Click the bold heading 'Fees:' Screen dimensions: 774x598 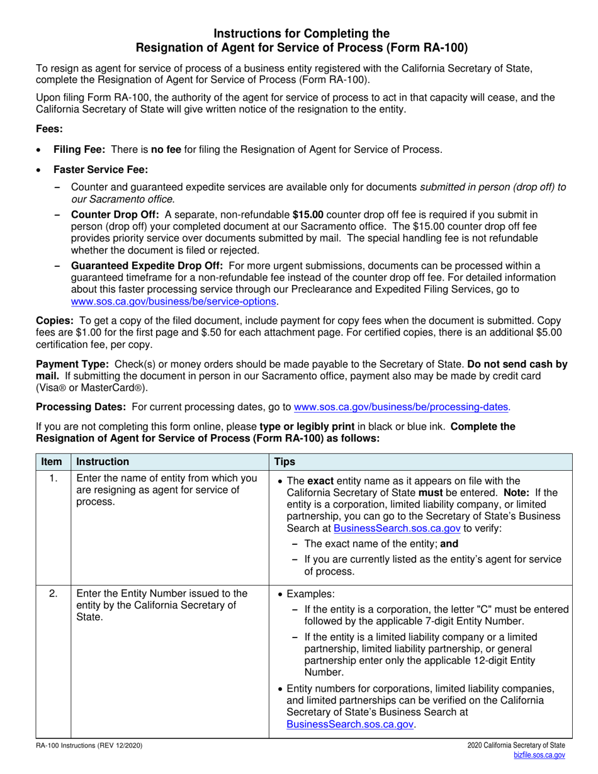coord(49,129)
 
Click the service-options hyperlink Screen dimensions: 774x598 coord(174,301)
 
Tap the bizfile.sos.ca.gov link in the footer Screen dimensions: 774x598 coord(539,755)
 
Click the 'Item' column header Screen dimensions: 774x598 coord(52,462)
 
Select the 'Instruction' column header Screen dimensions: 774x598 coord(103,462)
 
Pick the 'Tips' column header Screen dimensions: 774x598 coord(285,462)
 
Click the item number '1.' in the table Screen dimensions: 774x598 coord(54,480)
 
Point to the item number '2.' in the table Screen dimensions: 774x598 coord(54,593)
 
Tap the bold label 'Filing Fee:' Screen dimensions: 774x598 coord(79,150)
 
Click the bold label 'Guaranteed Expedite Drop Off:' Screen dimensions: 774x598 coord(147,266)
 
